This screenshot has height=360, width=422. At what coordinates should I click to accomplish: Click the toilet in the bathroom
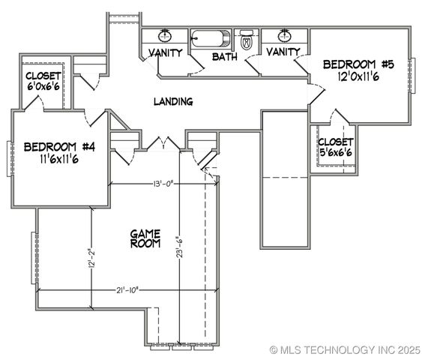pyautogui.click(x=247, y=40)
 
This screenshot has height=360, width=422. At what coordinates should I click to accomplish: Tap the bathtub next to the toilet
pyautogui.click(x=211, y=38)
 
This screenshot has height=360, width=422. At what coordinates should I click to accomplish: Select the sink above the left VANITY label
pyautogui.click(x=165, y=35)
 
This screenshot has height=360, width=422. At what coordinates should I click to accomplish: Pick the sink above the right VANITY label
pyautogui.click(x=284, y=35)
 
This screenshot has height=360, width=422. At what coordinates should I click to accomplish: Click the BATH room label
pyautogui.click(x=225, y=57)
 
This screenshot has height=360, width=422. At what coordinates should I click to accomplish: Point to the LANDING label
pyautogui.click(x=173, y=101)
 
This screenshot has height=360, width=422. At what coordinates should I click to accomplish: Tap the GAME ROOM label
pyautogui.click(x=145, y=238)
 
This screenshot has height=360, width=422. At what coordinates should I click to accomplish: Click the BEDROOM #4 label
pyautogui.click(x=59, y=147)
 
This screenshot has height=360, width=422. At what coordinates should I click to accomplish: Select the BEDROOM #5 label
pyautogui.click(x=358, y=64)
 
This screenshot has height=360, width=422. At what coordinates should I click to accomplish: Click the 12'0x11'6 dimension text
pyautogui.click(x=358, y=76)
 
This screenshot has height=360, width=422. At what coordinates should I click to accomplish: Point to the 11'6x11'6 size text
pyautogui.click(x=59, y=159)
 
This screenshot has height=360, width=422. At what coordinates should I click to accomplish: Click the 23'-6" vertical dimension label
pyautogui.click(x=179, y=247)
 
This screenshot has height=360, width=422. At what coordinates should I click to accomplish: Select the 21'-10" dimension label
pyautogui.click(x=127, y=290)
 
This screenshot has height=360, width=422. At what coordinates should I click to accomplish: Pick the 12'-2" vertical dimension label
pyautogui.click(x=91, y=259)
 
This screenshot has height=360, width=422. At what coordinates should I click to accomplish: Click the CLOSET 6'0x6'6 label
pyautogui.click(x=43, y=81)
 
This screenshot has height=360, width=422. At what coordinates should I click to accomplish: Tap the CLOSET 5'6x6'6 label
pyautogui.click(x=336, y=147)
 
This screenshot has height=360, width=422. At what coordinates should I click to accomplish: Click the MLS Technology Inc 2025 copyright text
pyautogui.click(x=345, y=350)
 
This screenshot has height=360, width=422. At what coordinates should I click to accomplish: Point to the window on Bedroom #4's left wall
pyautogui.click(x=10, y=159)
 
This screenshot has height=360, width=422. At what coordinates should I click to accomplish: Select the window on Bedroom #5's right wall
pyautogui.click(x=412, y=76)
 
